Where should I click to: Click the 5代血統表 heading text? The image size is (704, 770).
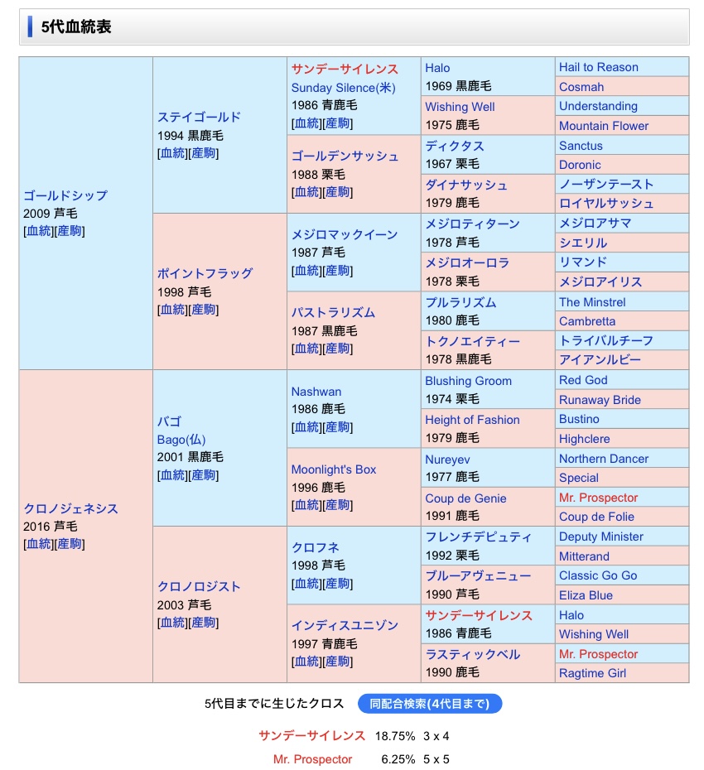(76, 26)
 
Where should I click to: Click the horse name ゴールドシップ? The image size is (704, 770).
(65, 195)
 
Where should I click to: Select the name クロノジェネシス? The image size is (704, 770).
(70, 508)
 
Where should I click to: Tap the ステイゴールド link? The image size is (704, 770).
(199, 117)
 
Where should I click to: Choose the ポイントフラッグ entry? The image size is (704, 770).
(205, 273)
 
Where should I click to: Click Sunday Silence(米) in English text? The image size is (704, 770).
(344, 88)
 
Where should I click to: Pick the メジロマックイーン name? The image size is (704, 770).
(345, 234)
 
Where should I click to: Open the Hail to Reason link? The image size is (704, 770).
(598, 67)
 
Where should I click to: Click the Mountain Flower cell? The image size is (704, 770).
(604, 126)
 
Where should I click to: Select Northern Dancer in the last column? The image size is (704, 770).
(604, 459)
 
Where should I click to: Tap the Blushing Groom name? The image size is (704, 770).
(468, 381)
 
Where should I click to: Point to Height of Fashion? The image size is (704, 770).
(472, 420)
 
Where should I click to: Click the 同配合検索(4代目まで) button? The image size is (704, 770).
(430, 704)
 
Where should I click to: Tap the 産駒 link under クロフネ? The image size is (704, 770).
(337, 584)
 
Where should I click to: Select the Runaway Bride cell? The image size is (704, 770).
(600, 400)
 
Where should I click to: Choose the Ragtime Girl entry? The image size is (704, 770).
(592, 673)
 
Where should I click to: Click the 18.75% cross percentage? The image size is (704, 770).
(395, 735)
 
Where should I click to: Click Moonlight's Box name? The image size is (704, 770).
(333, 469)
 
